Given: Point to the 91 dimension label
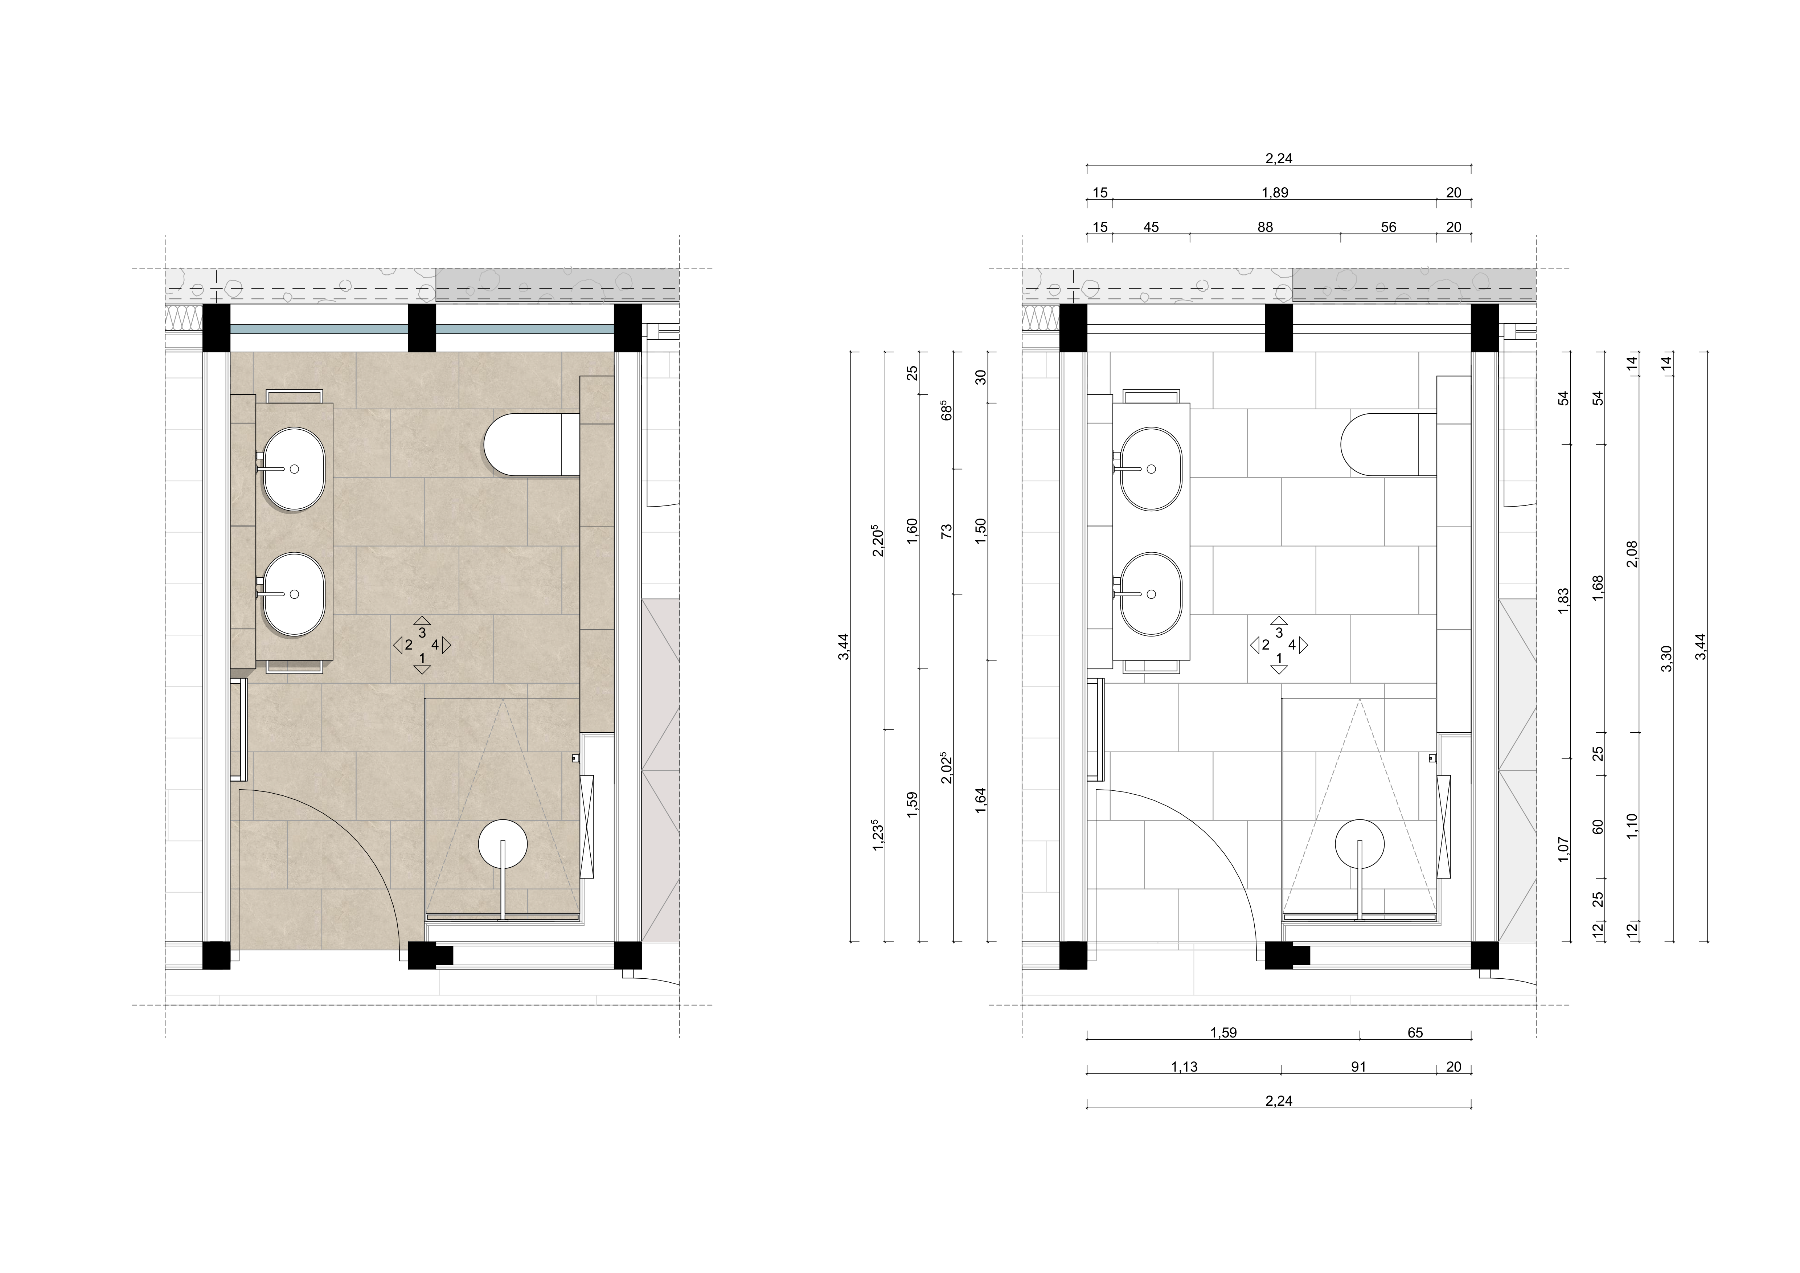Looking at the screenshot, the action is coord(1359,1067).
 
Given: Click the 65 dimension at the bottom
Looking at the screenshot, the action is coord(1415,1032).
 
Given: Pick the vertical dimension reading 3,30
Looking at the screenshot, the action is coord(1667,658).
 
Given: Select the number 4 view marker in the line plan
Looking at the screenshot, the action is coord(1292,645).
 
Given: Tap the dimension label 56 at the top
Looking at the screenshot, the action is coord(1389,227).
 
